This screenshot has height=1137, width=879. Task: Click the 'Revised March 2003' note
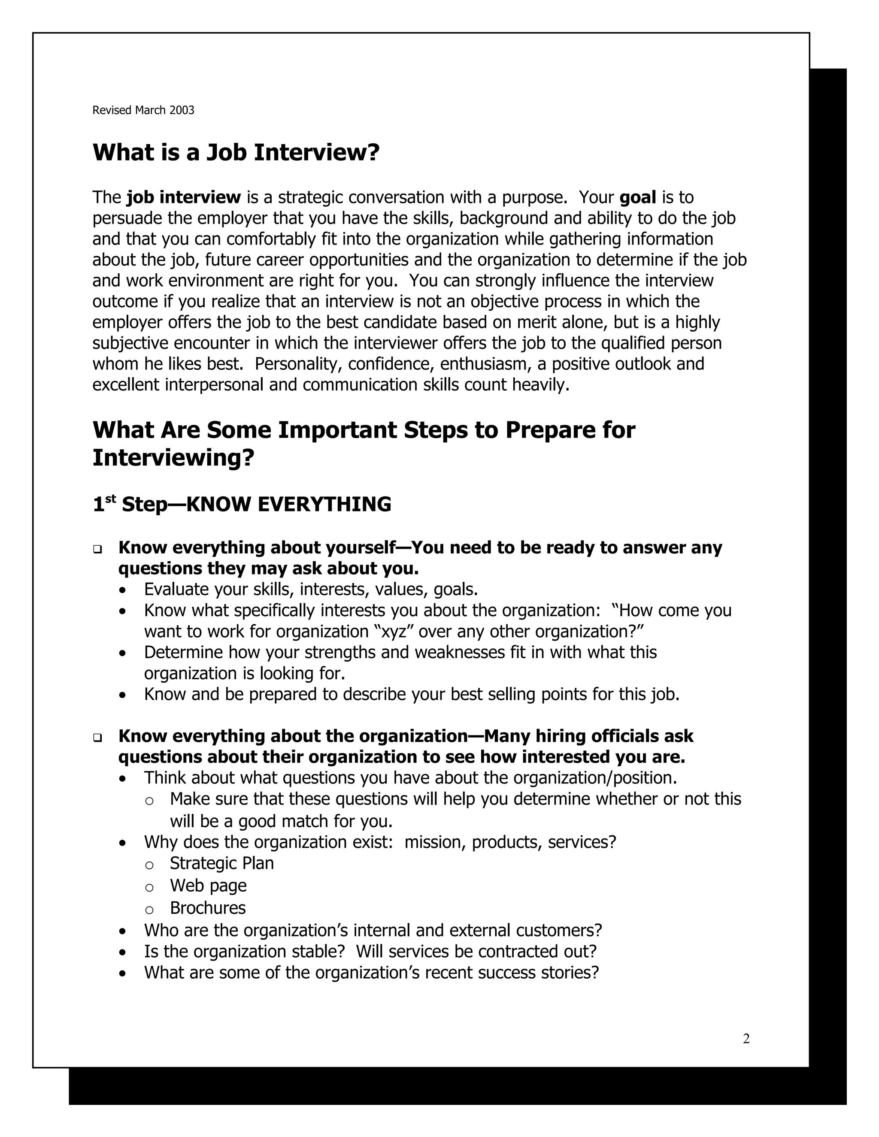pyautogui.click(x=143, y=110)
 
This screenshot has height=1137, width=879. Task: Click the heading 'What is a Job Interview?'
pyautogui.click(x=236, y=153)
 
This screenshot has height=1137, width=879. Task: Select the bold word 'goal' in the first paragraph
pyautogui.click(x=637, y=197)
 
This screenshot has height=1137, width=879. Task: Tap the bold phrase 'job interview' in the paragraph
pyautogui.click(x=184, y=197)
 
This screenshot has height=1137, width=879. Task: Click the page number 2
pyautogui.click(x=746, y=1039)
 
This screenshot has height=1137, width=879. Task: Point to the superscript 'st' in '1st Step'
pyautogui.click(x=110, y=498)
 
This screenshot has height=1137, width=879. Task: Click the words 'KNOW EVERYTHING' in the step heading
pyautogui.click(x=288, y=505)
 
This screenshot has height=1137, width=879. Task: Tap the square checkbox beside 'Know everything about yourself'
pyautogui.click(x=97, y=549)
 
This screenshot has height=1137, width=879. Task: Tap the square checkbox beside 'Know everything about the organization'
pyautogui.click(x=97, y=737)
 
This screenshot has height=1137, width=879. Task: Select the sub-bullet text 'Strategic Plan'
pyautogui.click(x=221, y=863)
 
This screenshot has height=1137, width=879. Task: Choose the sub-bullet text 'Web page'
pyautogui.click(x=208, y=886)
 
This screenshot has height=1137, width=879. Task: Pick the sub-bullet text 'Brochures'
pyautogui.click(x=207, y=908)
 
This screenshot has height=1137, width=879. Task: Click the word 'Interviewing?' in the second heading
pyautogui.click(x=173, y=458)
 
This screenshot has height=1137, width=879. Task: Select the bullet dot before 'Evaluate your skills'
pyautogui.click(x=122, y=591)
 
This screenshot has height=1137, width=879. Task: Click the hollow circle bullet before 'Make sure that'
pyautogui.click(x=149, y=801)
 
